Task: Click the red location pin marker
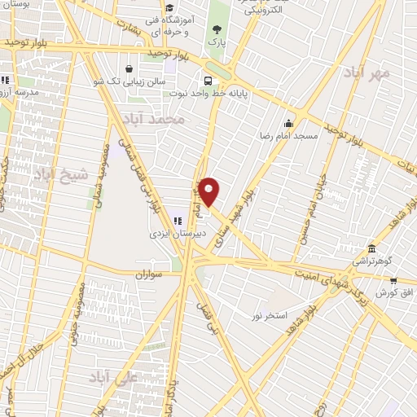point(209,191)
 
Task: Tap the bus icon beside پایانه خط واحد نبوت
point(208,81)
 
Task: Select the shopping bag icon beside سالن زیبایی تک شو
point(130,69)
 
